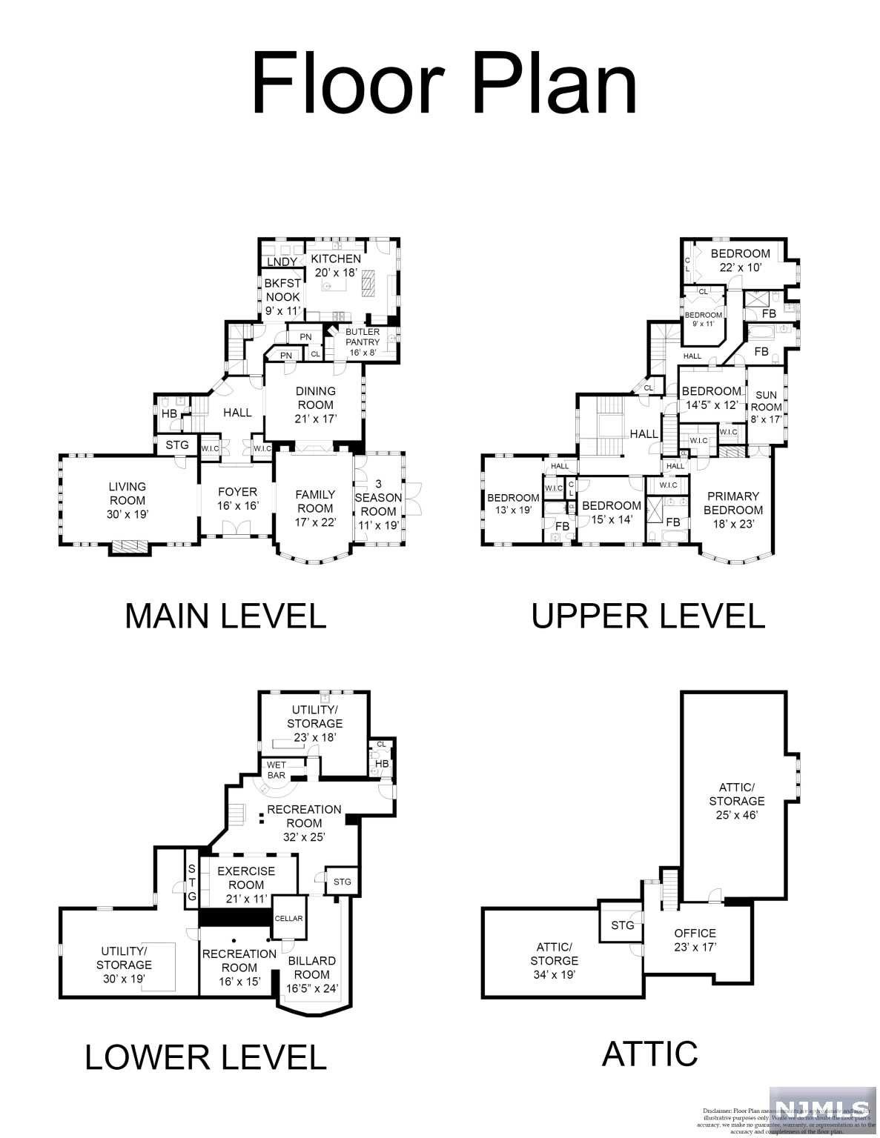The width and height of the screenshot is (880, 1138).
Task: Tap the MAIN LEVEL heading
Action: (x=225, y=616)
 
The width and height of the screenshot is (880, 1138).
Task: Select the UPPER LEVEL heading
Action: (x=648, y=616)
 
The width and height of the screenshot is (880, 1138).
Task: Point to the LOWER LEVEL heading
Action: (x=205, y=1057)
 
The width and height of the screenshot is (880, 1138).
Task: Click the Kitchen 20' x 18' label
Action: (x=336, y=265)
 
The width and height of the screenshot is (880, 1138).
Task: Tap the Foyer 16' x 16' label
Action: (x=237, y=499)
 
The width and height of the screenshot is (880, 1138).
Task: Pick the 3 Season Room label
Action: (x=378, y=505)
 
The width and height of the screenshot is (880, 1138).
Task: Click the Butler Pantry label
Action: (x=363, y=342)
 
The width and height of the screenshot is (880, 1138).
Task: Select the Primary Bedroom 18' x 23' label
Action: (x=732, y=510)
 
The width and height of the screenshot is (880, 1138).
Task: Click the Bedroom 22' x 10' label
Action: (x=740, y=260)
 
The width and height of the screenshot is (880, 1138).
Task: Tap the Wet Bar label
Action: (x=277, y=771)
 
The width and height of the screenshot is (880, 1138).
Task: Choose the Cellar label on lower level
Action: (x=288, y=919)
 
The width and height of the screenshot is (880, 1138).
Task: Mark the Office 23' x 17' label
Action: (x=695, y=940)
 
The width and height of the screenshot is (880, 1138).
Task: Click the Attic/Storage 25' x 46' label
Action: (x=736, y=801)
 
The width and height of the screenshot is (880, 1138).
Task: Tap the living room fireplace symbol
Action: (x=130, y=548)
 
